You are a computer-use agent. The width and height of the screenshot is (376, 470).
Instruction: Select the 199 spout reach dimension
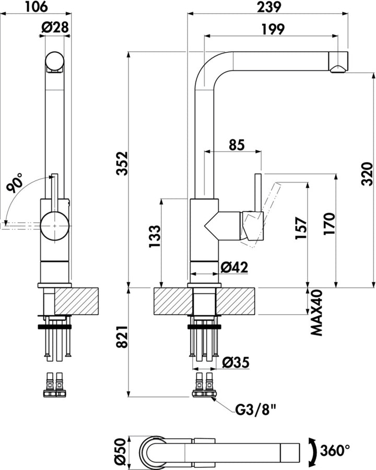(271, 29)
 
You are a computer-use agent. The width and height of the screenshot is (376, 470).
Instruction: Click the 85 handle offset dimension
(237, 145)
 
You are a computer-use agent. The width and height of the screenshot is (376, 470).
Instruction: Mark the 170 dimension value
(329, 225)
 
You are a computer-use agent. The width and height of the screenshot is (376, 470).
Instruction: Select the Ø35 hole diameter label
(235, 361)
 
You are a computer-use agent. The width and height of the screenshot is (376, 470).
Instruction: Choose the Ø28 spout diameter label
(55, 29)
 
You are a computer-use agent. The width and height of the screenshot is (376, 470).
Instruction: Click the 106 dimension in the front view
(36, 7)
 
